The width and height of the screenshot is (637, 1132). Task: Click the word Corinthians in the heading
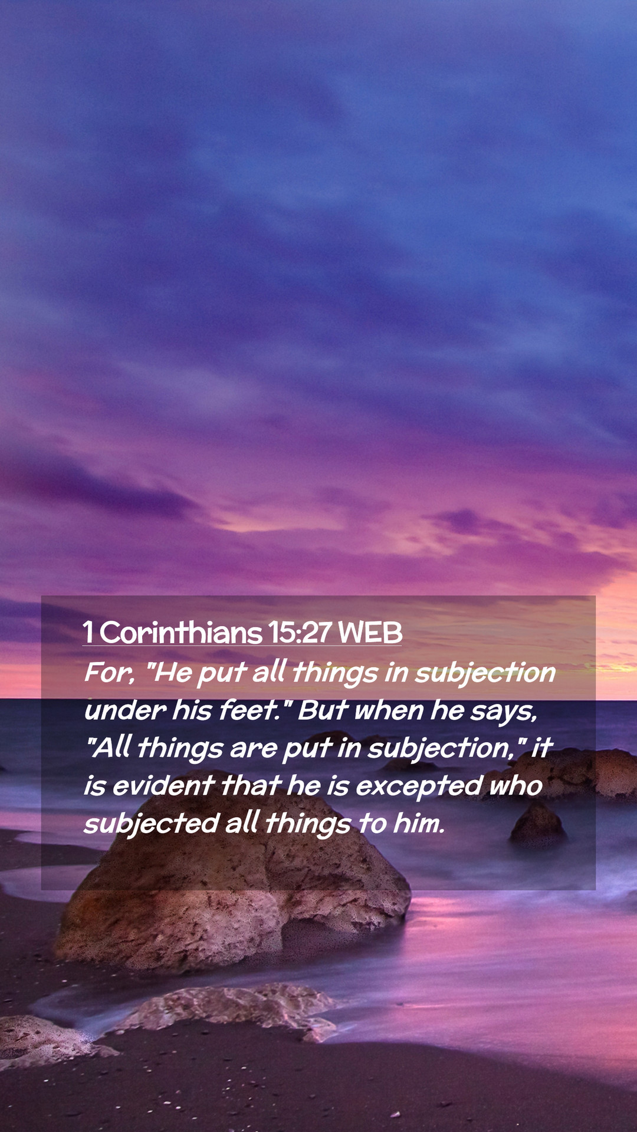tap(180, 633)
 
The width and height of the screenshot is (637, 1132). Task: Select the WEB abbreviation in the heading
tap(370, 633)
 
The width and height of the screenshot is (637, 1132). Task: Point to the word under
tap(124, 710)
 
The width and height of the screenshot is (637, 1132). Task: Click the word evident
tap(163, 786)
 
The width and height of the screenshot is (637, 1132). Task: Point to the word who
tap(515, 786)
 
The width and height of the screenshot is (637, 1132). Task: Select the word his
tap(192, 710)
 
